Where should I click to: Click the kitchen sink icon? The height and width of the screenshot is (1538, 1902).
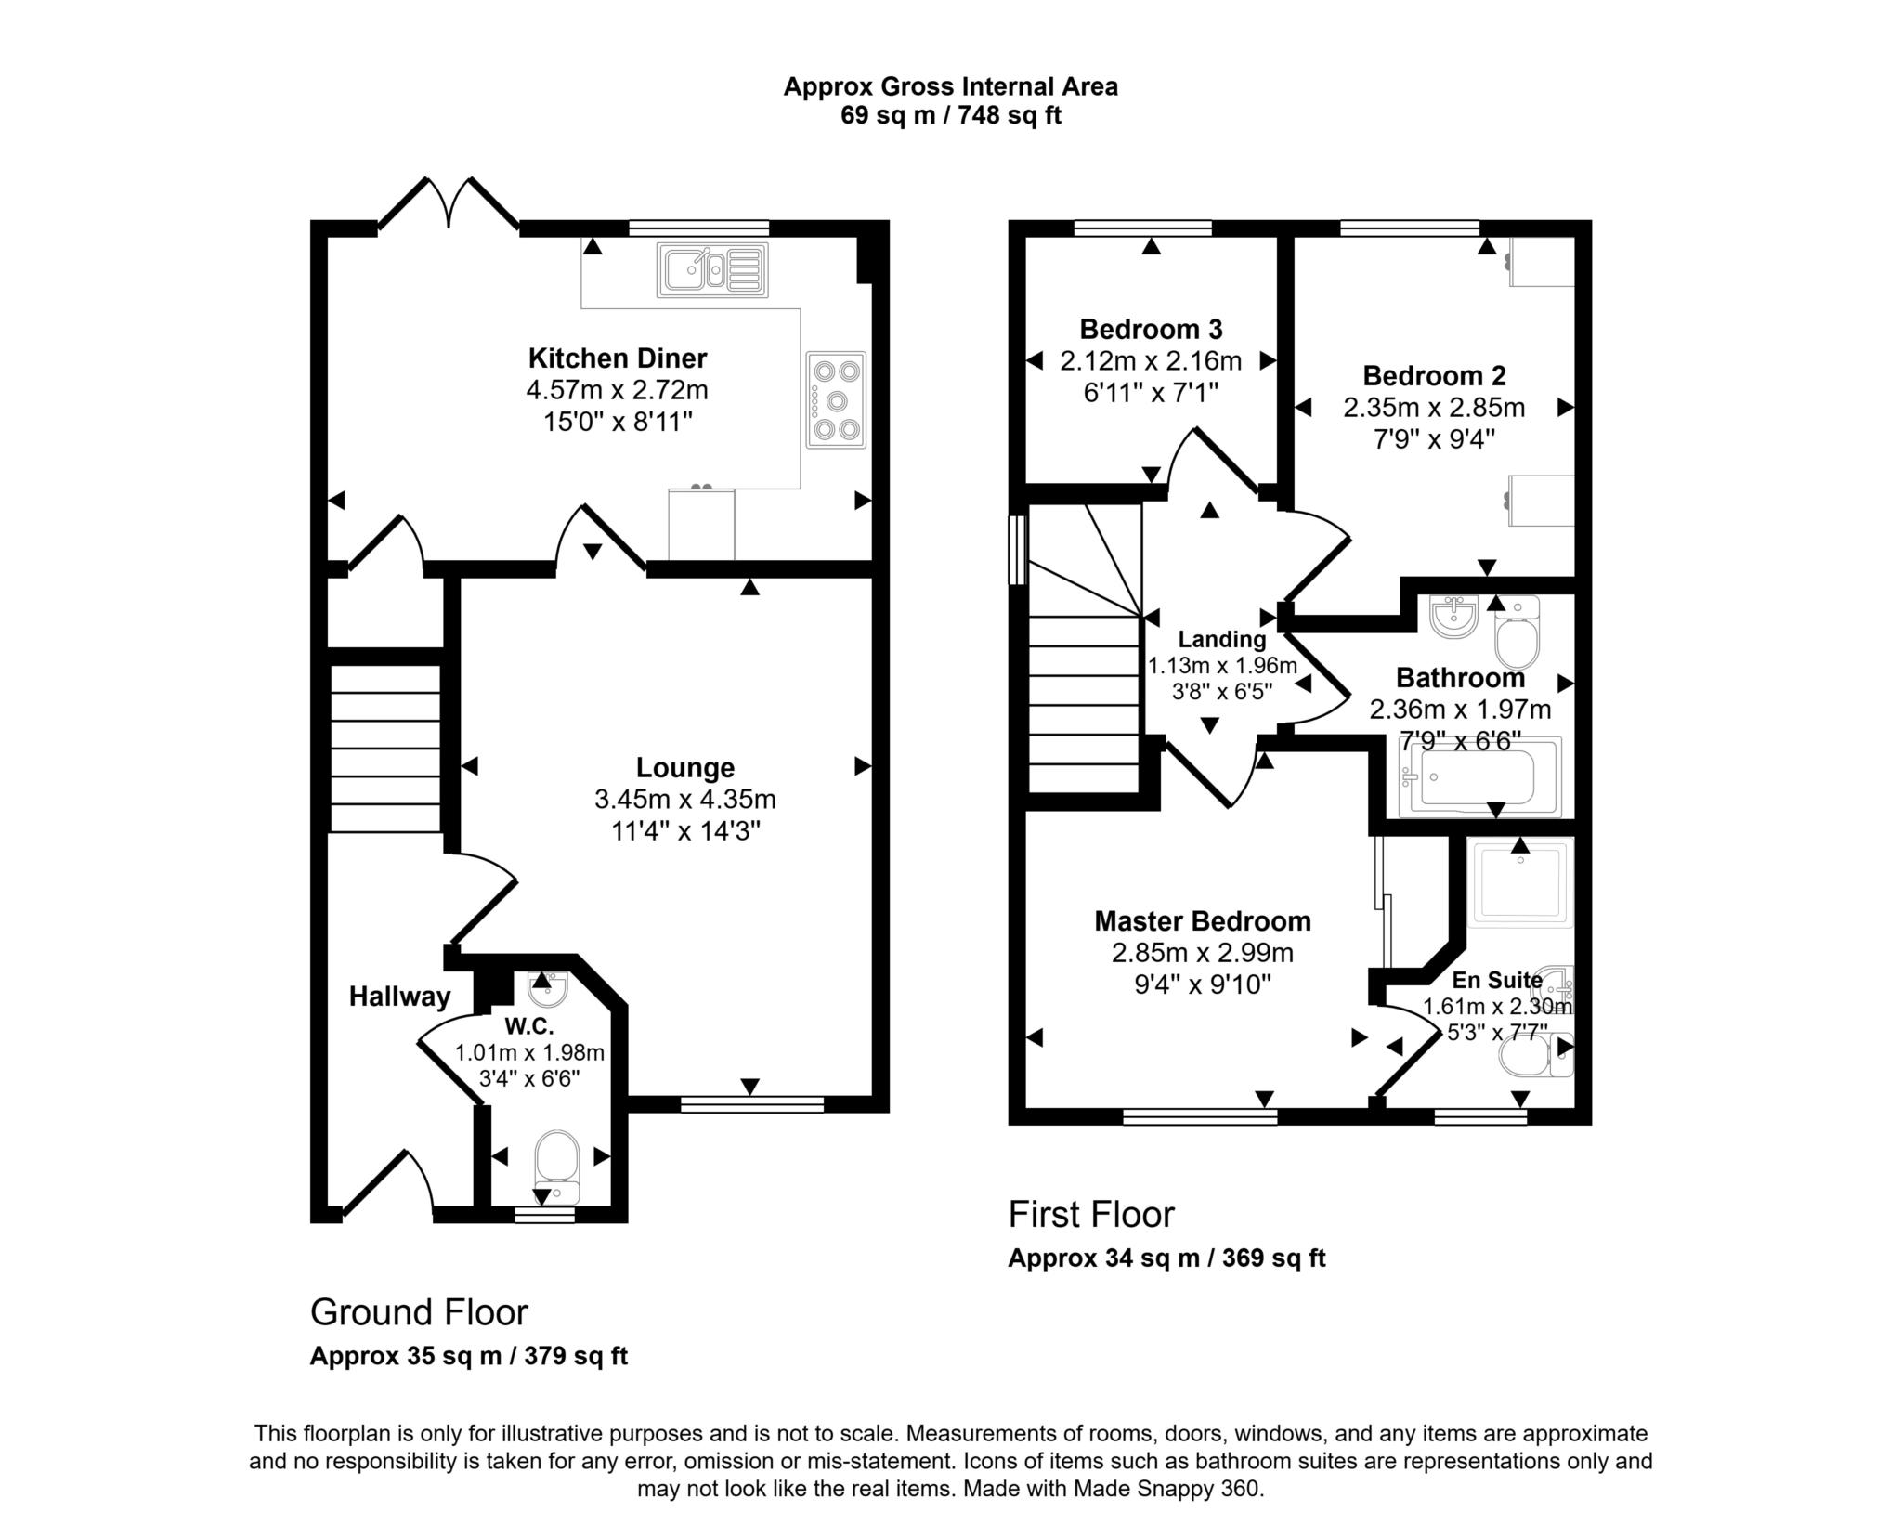[x=712, y=269]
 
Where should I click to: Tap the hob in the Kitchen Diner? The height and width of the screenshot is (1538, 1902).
[x=836, y=400]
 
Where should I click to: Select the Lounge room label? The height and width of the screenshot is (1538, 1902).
[x=685, y=767]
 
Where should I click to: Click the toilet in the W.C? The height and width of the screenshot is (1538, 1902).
[x=557, y=1165]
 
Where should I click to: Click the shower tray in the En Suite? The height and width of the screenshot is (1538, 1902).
[x=1521, y=882]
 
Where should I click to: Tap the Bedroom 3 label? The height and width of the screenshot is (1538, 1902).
[x=1151, y=329]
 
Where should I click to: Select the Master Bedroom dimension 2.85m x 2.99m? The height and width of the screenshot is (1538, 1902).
[x=1203, y=953]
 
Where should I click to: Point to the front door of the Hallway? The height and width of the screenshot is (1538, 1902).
[x=388, y=1184]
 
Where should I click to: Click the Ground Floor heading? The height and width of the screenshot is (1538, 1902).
[x=419, y=1312]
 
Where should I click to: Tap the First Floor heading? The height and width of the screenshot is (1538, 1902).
[x=1091, y=1215]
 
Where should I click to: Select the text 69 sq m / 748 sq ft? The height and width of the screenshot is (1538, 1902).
[x=950, y=116]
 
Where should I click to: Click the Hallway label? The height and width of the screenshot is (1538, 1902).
[x=399, y=997]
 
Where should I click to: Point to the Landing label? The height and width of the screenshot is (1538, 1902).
[x=1221, y=639]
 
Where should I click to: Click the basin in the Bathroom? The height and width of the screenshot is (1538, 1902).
[x=1453, y=618]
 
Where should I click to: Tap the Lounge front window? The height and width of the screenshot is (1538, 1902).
[x=751, y=1103]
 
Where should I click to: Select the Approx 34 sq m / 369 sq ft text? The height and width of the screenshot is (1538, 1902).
[x=1166, y=1258]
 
